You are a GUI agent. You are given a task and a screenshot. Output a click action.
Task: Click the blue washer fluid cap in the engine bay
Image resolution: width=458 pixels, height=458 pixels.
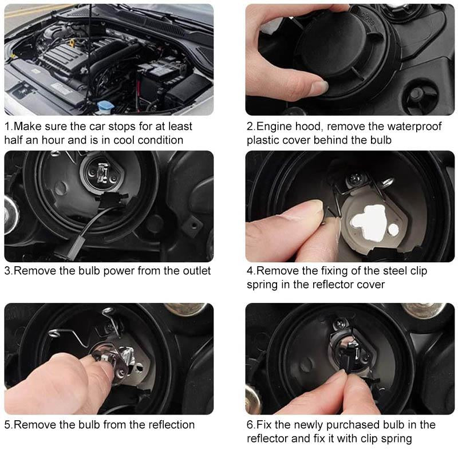coord(103,106)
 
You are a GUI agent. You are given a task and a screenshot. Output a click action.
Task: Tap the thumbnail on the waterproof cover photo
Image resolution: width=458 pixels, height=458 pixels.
coord(321,87)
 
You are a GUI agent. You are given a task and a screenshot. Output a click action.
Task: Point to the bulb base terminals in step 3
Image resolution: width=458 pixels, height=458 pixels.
coord(103,173)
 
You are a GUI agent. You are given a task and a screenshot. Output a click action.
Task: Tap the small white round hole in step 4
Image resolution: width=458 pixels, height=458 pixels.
coord(393,230)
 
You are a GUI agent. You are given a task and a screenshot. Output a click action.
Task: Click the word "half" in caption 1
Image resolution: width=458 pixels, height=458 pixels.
coord(13,140)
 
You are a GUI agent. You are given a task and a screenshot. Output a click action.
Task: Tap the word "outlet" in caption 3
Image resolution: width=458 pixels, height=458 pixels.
coord(197,270)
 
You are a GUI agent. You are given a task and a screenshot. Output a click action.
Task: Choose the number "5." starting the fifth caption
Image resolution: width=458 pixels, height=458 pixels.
coord(9,425)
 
